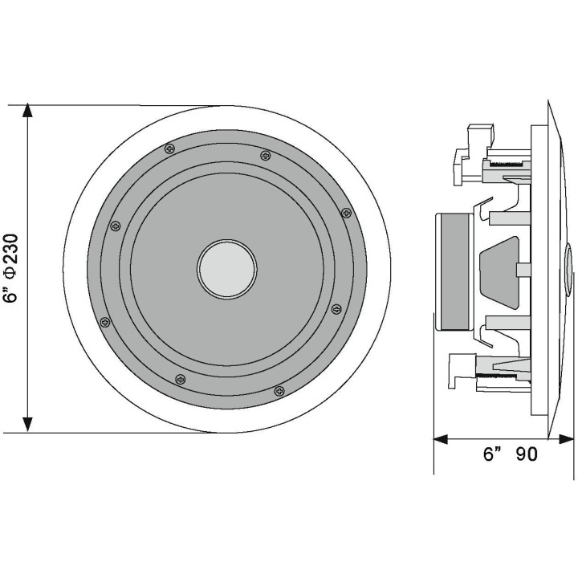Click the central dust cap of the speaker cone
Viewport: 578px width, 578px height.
[227, 269]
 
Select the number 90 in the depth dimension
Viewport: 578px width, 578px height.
[527, 454]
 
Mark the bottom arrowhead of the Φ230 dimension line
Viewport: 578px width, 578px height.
[28, 425]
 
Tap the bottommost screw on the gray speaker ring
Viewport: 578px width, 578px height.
[279, 391]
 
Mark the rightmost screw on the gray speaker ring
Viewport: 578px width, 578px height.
[347, 213]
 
